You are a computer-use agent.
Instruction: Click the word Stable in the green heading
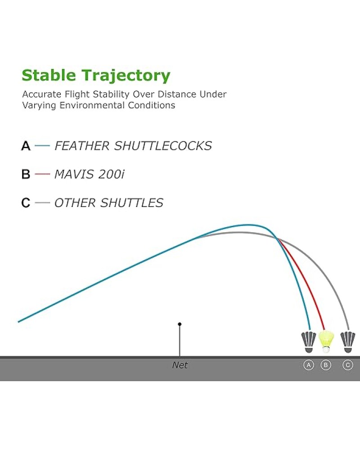coord(49,75)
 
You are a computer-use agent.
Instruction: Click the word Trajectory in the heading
coord(126,76)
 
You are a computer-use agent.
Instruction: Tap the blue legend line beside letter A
coord(42,146)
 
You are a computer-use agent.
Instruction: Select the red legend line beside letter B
coord(42,174)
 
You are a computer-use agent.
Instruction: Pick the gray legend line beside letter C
coord(42,202)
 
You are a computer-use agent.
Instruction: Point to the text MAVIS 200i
coord(90,174)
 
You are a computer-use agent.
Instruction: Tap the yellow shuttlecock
coord(326,342)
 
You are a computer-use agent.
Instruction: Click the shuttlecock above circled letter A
coord(309,342)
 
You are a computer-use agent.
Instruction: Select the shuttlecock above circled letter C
coord(348,342)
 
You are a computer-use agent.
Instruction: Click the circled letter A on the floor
coord(309,365)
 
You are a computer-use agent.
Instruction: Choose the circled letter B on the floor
coord(326,365)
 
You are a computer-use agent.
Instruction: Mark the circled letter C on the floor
coord(348,365)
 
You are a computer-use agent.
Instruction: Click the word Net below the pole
coord(180,365)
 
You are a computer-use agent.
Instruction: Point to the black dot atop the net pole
coord(180,324)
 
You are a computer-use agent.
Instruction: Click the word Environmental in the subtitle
coord(92,105)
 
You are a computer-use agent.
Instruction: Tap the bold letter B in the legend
coord(26,174)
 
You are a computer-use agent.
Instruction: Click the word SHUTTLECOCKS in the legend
coord(163,146)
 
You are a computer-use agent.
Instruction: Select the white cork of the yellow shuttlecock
coord(326,350)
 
